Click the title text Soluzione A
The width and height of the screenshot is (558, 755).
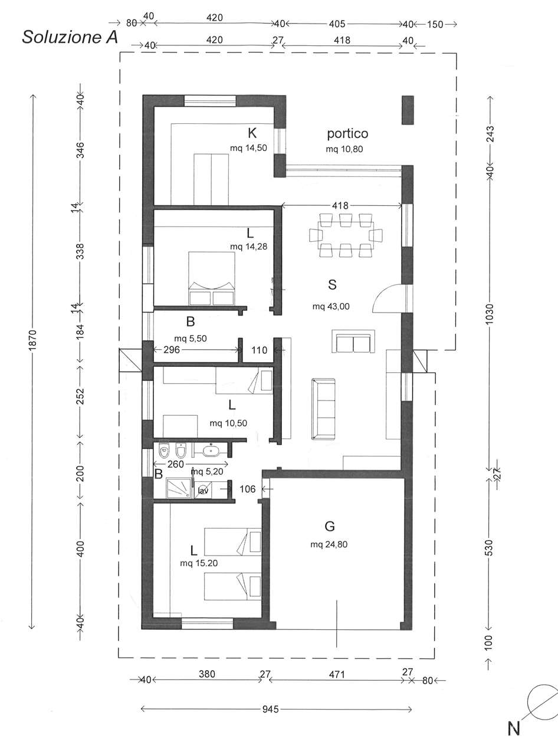70,37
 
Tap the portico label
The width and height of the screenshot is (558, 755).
347,133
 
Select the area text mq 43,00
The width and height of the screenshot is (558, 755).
331,306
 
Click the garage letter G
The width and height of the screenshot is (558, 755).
330,526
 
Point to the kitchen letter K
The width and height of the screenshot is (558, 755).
252,133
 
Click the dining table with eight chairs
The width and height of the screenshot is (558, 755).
346,235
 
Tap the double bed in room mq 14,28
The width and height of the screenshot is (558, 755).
212,278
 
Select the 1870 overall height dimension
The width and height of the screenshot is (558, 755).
32,339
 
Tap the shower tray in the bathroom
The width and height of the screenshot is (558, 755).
179,488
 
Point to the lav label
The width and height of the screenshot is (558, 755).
203,491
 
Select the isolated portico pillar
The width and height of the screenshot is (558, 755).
408,110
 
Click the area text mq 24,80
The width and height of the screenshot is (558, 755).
329,544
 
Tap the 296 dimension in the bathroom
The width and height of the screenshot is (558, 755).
172,350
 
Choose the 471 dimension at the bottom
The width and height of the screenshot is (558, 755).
337,674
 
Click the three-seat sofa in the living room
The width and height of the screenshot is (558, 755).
323,409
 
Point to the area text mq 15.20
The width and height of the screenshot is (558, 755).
199,563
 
